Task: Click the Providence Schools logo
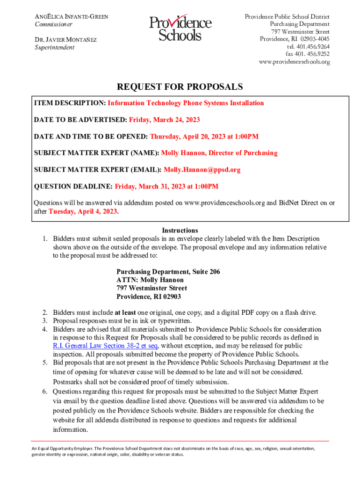[180, 29]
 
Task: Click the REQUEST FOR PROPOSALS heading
[180, 87]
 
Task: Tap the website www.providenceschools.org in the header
[294, 62]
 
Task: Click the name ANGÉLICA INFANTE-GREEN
[72, 17]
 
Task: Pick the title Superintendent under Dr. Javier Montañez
[54, 47]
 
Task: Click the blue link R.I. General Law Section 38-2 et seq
[105, 346]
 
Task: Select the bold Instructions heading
[180, 230]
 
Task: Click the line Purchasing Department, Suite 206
[168, 272]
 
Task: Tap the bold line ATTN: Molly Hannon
[150, 280]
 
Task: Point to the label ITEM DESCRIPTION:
[70, 103]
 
